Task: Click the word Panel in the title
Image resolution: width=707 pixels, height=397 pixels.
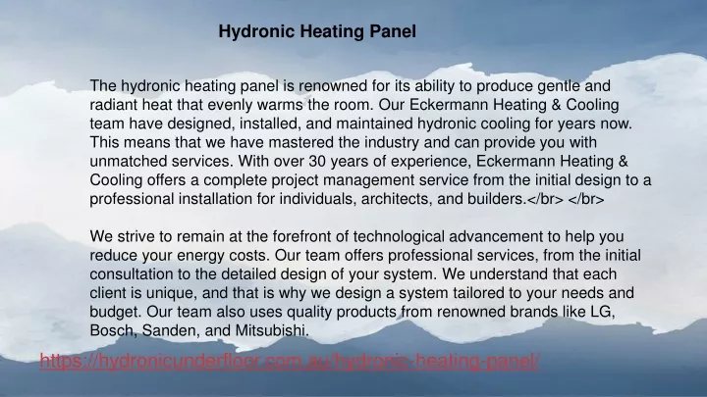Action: click(393, 31)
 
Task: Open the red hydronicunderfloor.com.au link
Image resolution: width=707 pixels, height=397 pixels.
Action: click(290, 361)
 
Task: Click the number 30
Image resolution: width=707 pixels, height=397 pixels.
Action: click(317, 161)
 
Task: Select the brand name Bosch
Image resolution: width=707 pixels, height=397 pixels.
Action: click(114, 331)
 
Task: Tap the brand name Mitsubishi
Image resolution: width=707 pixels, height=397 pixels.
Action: click(272, 331)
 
